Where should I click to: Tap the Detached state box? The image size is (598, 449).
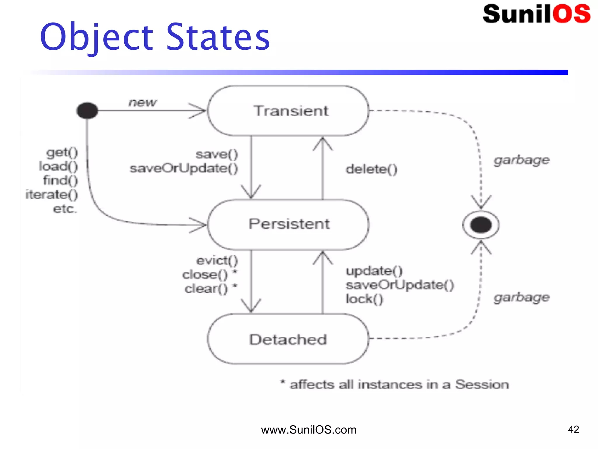click(288, 339)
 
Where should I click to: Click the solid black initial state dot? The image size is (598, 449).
click(87, 111)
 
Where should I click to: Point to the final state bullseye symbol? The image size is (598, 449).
click(481, 225)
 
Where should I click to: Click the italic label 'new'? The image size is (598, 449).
click(142, 102)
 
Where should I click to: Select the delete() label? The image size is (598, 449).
click(371, 169)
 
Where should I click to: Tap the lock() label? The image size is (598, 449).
click(364, 299)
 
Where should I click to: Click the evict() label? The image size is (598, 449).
click(217, 260)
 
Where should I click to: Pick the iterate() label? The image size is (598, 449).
click(52, 195)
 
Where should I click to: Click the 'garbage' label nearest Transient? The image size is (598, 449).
click(521, 160)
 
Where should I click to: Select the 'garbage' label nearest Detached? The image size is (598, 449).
click(521, 298)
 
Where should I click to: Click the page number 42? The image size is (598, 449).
click(573, 429)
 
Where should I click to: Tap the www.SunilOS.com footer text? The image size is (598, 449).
click(309, 430)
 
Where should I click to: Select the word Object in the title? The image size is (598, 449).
click(97, 37)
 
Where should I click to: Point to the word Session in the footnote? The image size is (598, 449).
click(482, 384)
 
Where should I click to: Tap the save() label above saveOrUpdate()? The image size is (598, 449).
click(217, 154)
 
